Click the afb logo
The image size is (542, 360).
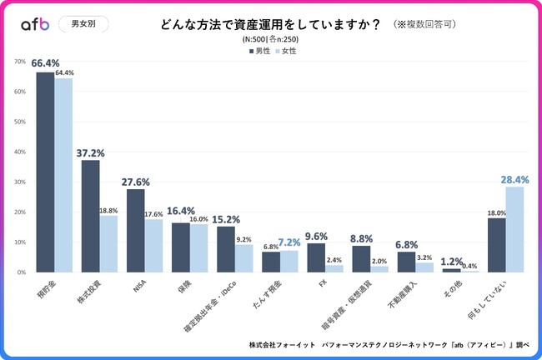[35, 24]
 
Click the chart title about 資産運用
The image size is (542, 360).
[270, 24]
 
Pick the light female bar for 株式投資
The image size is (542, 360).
[108, 243]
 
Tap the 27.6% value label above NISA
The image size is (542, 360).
[134, 181]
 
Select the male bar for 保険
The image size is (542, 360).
[181, 247]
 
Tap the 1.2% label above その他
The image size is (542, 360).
[451, 260]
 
